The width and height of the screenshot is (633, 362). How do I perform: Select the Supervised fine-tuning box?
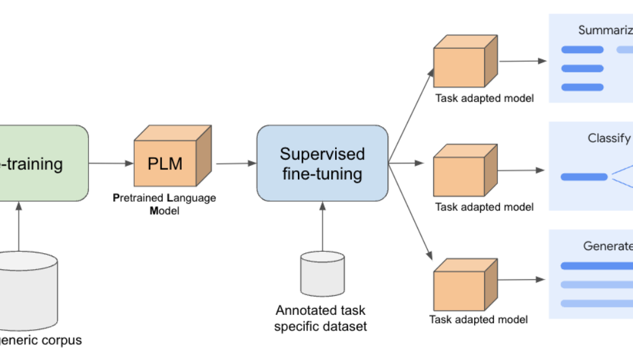pyautogui.click(x=322, y=163)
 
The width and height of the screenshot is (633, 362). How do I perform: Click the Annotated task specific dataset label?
pyautogui.click(x=321, y=318)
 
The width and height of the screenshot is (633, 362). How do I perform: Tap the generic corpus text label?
pyautogui.click(x=41, y=340)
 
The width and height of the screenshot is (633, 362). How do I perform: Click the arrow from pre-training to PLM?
pyautogui.click(x=111, y=163)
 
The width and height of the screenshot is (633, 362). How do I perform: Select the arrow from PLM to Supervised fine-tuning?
pyautogui.click(x=236, y=163)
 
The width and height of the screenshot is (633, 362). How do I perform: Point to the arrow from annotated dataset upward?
pyautogui.click(x=322, y=226)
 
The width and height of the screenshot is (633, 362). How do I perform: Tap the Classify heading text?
pyautogui.click(x=610, y=138)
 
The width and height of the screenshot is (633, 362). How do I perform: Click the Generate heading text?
pyautogui.click(x=608, y=246)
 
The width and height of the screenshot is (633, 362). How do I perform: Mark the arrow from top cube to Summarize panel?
pyautogui.click(x=523, y=61)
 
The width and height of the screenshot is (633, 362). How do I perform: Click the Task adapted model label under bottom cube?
pyautogui.click(x=478, y=319)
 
